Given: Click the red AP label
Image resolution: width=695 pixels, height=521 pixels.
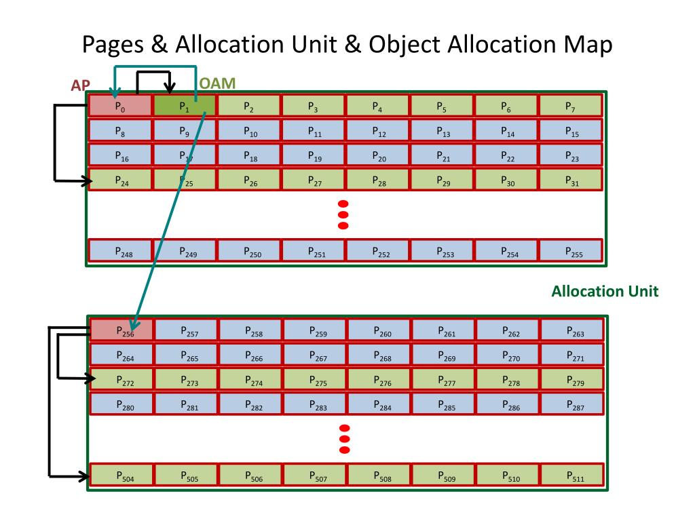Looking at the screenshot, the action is tap(81, 86).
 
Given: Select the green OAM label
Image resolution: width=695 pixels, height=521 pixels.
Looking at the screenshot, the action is tap(217, 83).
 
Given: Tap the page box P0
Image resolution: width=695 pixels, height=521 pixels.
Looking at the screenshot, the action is tap(120, 106).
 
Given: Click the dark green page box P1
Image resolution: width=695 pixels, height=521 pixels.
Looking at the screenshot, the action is tap(185, 106).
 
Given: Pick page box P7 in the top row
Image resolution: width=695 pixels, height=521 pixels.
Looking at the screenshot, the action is tap(571, 106).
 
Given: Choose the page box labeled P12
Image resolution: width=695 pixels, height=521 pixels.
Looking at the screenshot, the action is tap(377, 130).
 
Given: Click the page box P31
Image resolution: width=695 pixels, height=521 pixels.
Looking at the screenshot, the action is tap(571, 180).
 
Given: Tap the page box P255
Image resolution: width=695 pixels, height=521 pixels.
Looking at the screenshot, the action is tap(571, 251).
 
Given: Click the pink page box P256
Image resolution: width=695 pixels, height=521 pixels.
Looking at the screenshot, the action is tap(122, 330).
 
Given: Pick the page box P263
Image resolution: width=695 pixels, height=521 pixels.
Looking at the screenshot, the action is tap(572, 330).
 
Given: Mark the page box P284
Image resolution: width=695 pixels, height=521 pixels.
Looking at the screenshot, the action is tap(380, 404).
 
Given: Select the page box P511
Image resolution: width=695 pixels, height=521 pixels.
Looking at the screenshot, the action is tap(572, 475).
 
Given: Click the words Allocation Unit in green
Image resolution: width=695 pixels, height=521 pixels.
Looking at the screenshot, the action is tap(605, 292).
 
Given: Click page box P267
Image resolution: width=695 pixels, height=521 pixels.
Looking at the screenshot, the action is tap(316, 355).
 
